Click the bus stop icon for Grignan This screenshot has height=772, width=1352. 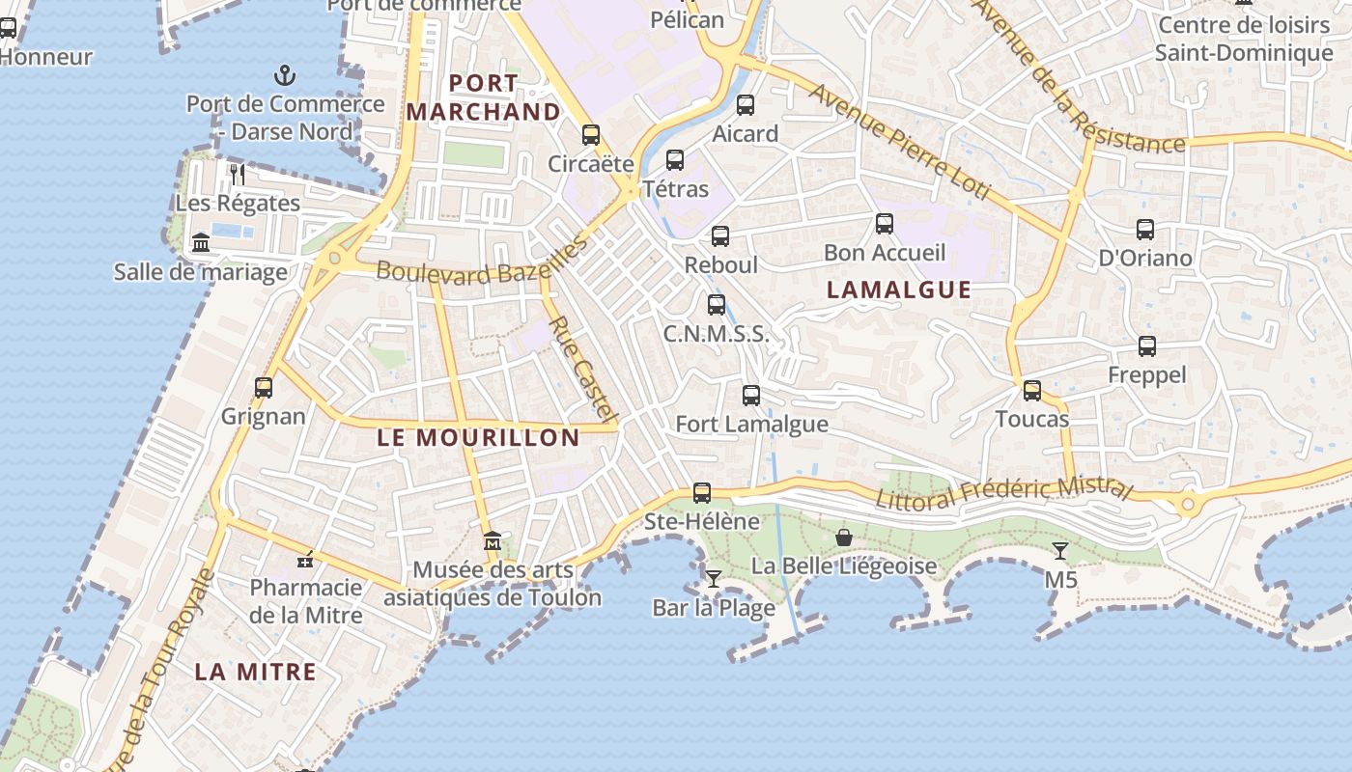click(x=264, y=388)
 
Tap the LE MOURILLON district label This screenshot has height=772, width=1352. click(x=478, y=437)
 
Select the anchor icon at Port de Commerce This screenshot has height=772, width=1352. click(x=285, y=75)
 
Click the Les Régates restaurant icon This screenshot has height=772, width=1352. click(x=238, y=175)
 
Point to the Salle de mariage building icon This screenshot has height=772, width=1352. click(x=201, y=242)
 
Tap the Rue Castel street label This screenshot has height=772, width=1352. click(x=582, y=370)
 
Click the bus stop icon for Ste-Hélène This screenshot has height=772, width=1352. click(x=702, y=493)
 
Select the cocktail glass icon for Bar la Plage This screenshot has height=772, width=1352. click(x=714, y=579)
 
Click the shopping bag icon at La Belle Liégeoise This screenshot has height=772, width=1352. click(x=844, y=538)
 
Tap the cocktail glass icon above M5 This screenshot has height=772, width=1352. click(x=1060, y=551)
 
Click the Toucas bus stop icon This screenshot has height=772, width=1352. click(x=1032, y=391)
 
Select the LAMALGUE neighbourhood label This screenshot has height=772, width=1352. click(x=899, y=289)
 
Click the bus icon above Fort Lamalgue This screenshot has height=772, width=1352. click(x=751, y=396)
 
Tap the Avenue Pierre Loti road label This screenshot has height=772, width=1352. click(x=899, y=142)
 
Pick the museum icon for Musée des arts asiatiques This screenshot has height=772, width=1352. click(x=493, y=540)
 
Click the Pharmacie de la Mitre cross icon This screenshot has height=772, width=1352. click(x=306, y=560)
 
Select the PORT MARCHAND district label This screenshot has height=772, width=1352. click(x=483, y=97)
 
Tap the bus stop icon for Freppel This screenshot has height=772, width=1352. click(x=1147, y=346)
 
